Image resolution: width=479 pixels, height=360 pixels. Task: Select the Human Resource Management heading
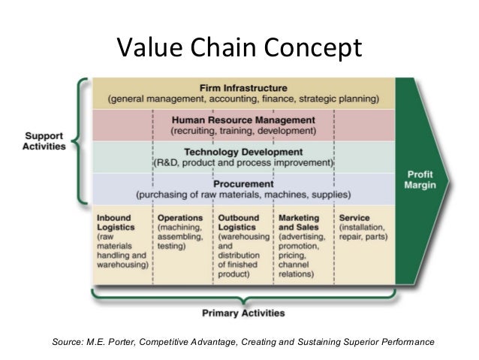pyautogui.click(x=243, y=119)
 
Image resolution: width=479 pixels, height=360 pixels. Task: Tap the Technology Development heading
pyautogui.click(x=243, y=151)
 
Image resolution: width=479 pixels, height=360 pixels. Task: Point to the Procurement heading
pyautogui.click(x=243, y=183)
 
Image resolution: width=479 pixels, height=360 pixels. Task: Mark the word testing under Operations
pyautogui.click(x=172, y=246)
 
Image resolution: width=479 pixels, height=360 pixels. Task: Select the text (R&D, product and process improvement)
pyautogui.click(x=243, y=162)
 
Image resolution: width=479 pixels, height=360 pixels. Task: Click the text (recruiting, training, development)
pyautogui.click(x=243, y=130)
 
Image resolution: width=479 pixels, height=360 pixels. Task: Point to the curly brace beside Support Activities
pyautogui.click(x=80, y=141)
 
